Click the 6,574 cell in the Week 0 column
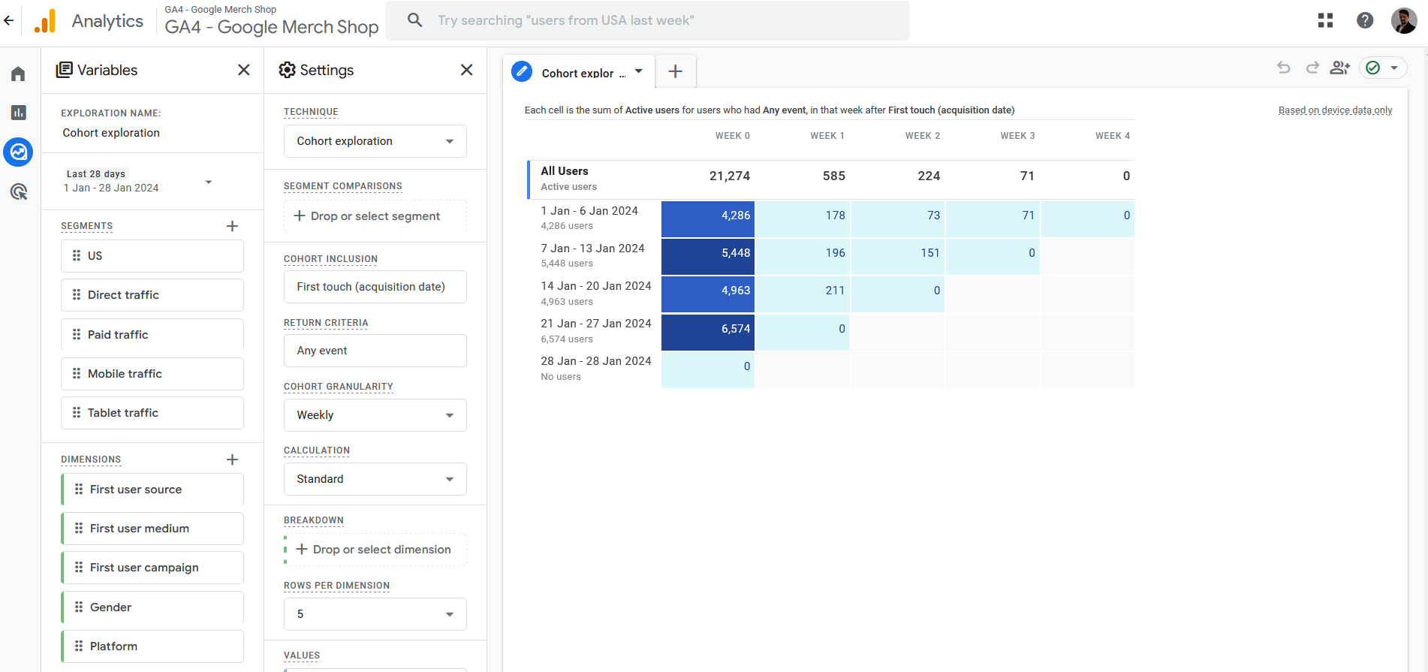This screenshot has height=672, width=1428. coord(708,329)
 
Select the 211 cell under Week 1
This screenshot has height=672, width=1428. coord(803,291)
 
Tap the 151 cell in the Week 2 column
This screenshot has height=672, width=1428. coord(898,253)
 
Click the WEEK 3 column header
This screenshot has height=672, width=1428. coord(1017,136)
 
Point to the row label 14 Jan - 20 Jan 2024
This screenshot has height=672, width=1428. coord(595,286)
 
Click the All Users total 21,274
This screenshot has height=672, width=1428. coord(729,176)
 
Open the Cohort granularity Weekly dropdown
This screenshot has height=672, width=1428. coord(375,415)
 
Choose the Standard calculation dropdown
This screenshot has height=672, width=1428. coord(375,479)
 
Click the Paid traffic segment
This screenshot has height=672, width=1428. coord(152,335)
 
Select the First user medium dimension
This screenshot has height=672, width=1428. coord(152,529)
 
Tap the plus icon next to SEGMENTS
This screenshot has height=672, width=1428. coord(232,226)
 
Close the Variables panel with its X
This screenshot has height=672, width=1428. coord(243,70)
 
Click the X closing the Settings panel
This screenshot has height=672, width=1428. coord(466,70)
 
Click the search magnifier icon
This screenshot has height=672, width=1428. coord(414,20)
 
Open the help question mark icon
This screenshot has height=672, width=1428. coord(1364,20)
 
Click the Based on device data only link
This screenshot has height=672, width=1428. coord(1335,110)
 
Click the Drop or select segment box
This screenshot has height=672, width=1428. coord(375,216)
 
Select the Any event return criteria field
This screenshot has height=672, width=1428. coord(375,351)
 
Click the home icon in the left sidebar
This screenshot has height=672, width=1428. coord(18,74)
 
